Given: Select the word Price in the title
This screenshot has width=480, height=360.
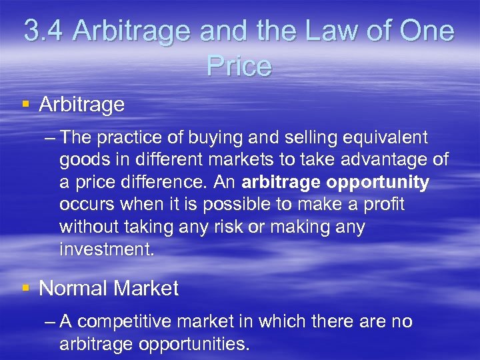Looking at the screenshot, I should [239, 66].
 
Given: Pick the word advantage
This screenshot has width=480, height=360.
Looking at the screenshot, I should [377, 161].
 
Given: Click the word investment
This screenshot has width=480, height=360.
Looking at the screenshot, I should [106, 249].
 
